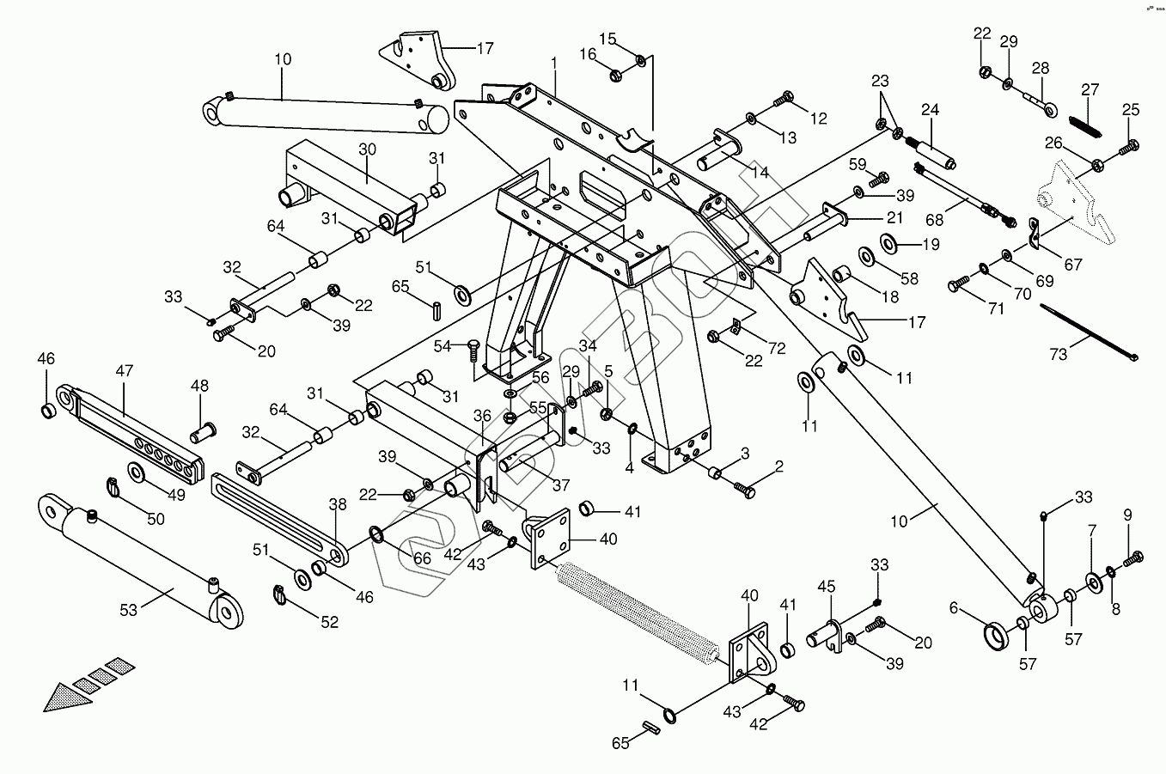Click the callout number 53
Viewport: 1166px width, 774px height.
pyautogui.click(x=129, y=610)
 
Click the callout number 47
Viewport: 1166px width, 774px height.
pyautogui.click(x=125, y=371)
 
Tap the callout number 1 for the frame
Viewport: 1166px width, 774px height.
pyautogui.click(x=555, y=63)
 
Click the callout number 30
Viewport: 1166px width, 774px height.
pyautogui.click(x=367, y=149)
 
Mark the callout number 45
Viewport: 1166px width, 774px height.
pyautogui.click(x=826, y=587)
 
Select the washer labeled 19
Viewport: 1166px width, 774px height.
pyautogui.click(x=889, y=244)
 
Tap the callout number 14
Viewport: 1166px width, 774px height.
pyautogui.click(x=760, y=172)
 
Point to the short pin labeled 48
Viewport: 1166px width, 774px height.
pyautogui.click(x=205, y=426)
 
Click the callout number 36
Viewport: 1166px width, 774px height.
pyautogui.click(x=482, y=416)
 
